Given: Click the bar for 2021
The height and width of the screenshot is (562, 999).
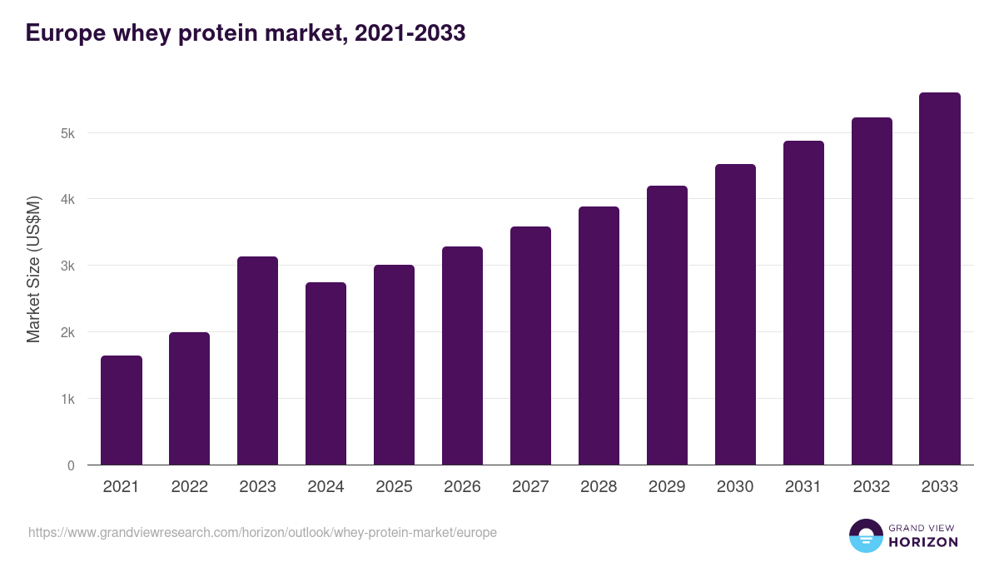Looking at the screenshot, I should click(x=122, y=410).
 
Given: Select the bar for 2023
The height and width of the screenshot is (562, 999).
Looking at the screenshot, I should click(x=257, y=361).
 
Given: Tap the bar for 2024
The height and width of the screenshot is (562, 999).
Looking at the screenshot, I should click(x=326, y=374).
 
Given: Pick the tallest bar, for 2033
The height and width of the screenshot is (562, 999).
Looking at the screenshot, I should click(x=940, y=279).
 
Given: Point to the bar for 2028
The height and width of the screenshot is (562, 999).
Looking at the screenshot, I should click(x=599, y=336).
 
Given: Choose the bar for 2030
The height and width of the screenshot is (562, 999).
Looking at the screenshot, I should click(x=735, y=315).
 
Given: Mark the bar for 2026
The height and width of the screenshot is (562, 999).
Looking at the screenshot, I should click(x=462, y=356).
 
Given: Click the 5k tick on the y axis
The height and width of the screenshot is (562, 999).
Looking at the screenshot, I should click(x=67, y=133).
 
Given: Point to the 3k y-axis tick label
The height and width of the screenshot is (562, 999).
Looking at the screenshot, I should click(x=67, y=266).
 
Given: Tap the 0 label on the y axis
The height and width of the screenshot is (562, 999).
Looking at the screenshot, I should click(x=71, y=465).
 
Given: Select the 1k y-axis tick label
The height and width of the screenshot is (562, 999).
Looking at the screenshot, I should click(x=67, y=399).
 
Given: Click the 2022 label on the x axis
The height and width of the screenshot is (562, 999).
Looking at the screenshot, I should click(x=189, y=487).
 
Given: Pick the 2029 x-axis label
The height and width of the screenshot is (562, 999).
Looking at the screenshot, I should click(x=667, y=487).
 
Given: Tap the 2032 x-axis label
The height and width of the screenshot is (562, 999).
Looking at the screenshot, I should click(x=872, y=487).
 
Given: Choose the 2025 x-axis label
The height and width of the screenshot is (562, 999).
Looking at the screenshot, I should click(x=394, y=487).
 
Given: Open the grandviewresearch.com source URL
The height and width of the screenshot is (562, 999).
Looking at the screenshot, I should click(x=262, y=532).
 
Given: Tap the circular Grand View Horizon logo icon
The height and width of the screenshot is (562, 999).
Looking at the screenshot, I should click(x=865, y=535).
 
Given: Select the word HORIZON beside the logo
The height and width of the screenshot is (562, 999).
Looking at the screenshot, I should click(x=923, y=542).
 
